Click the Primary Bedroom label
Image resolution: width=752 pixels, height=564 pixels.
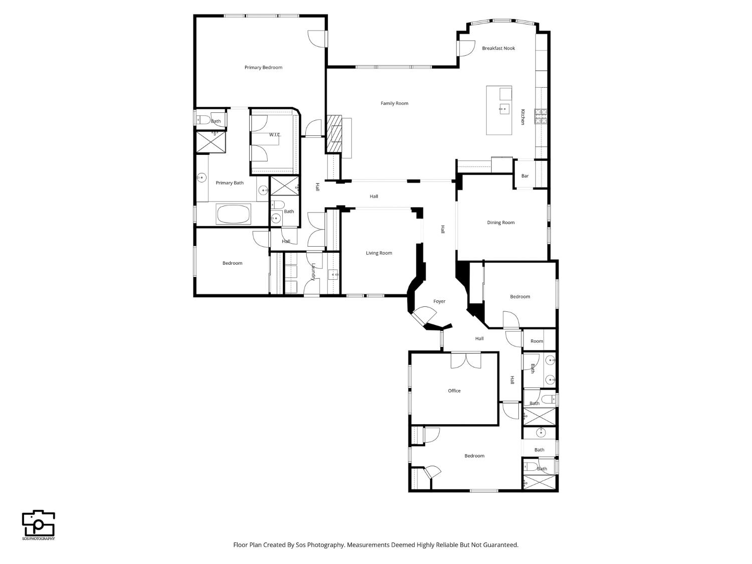pos(263,68)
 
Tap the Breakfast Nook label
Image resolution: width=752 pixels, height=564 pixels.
pos(498,49)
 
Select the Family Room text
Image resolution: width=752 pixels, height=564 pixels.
pos(394,103)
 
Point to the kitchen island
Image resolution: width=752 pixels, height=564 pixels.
pos(499,110)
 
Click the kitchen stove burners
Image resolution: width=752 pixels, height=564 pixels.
pos(540,116)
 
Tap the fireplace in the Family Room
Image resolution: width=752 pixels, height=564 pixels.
pos(334,134)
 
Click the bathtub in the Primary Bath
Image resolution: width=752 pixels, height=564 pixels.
pos(233,215)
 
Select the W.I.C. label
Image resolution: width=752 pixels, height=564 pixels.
pos(275,135)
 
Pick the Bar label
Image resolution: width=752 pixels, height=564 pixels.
pos(525,176)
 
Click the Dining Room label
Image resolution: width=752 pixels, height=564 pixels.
pos(500,223)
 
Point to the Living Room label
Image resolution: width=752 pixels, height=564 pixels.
pos(379,253)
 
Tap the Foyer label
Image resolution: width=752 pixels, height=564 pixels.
pos(439,301)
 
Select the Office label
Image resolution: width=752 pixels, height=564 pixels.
pos(454,391)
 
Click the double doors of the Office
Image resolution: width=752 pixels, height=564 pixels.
pos(466,360)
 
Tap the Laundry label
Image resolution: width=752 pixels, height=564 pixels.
pos(313,272)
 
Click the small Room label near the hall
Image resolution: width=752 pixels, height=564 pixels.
pos(536,341)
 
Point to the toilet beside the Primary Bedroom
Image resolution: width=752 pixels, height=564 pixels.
pos(204,120)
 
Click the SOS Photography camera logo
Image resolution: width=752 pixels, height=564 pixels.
pos(38,524)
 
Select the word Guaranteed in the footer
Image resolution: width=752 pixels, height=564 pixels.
pos(500,545)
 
